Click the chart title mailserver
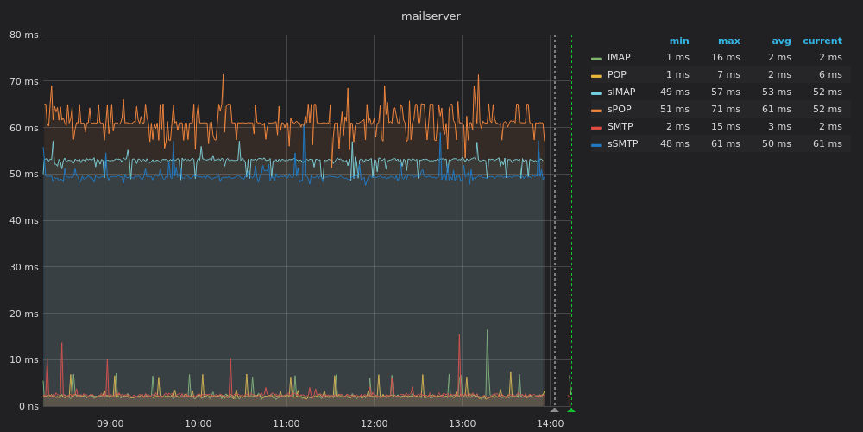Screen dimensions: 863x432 (431, 16)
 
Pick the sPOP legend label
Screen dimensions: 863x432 (619, 109)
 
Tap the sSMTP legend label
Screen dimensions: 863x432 (622, 143)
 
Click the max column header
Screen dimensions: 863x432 (728, 41)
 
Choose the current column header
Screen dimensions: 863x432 (822, 41)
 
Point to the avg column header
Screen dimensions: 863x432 (781, 41)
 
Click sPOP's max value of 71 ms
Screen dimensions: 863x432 (726, 109)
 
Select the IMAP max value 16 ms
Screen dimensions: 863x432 (726, 57)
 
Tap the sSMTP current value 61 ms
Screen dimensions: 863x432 (828, 143)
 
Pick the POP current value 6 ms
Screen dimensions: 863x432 (830, 74)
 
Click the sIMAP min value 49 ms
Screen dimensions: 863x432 (674, 92)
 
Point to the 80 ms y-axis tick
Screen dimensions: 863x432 (24, 35)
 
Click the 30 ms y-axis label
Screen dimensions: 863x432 (24, 267)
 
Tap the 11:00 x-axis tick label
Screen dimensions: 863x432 (287, 423)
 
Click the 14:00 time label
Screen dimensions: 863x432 (550, 423)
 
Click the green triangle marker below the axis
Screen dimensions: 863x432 (571, 410)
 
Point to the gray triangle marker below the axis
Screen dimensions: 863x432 (554, 410)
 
